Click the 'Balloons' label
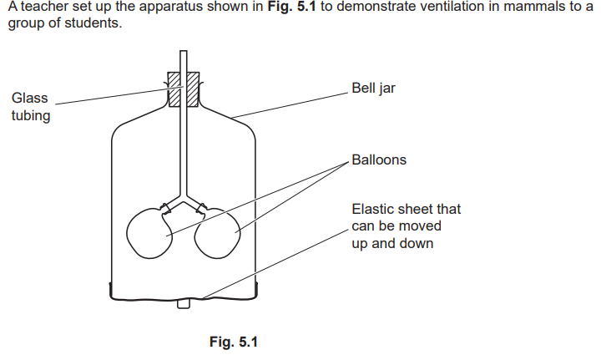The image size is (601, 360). tap(379, 159)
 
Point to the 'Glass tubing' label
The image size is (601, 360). tap(30, 107)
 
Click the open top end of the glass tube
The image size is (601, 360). tap(184, 53)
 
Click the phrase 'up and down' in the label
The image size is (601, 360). tap(392, 244)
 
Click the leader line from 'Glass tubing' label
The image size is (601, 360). tap(109, 99)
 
